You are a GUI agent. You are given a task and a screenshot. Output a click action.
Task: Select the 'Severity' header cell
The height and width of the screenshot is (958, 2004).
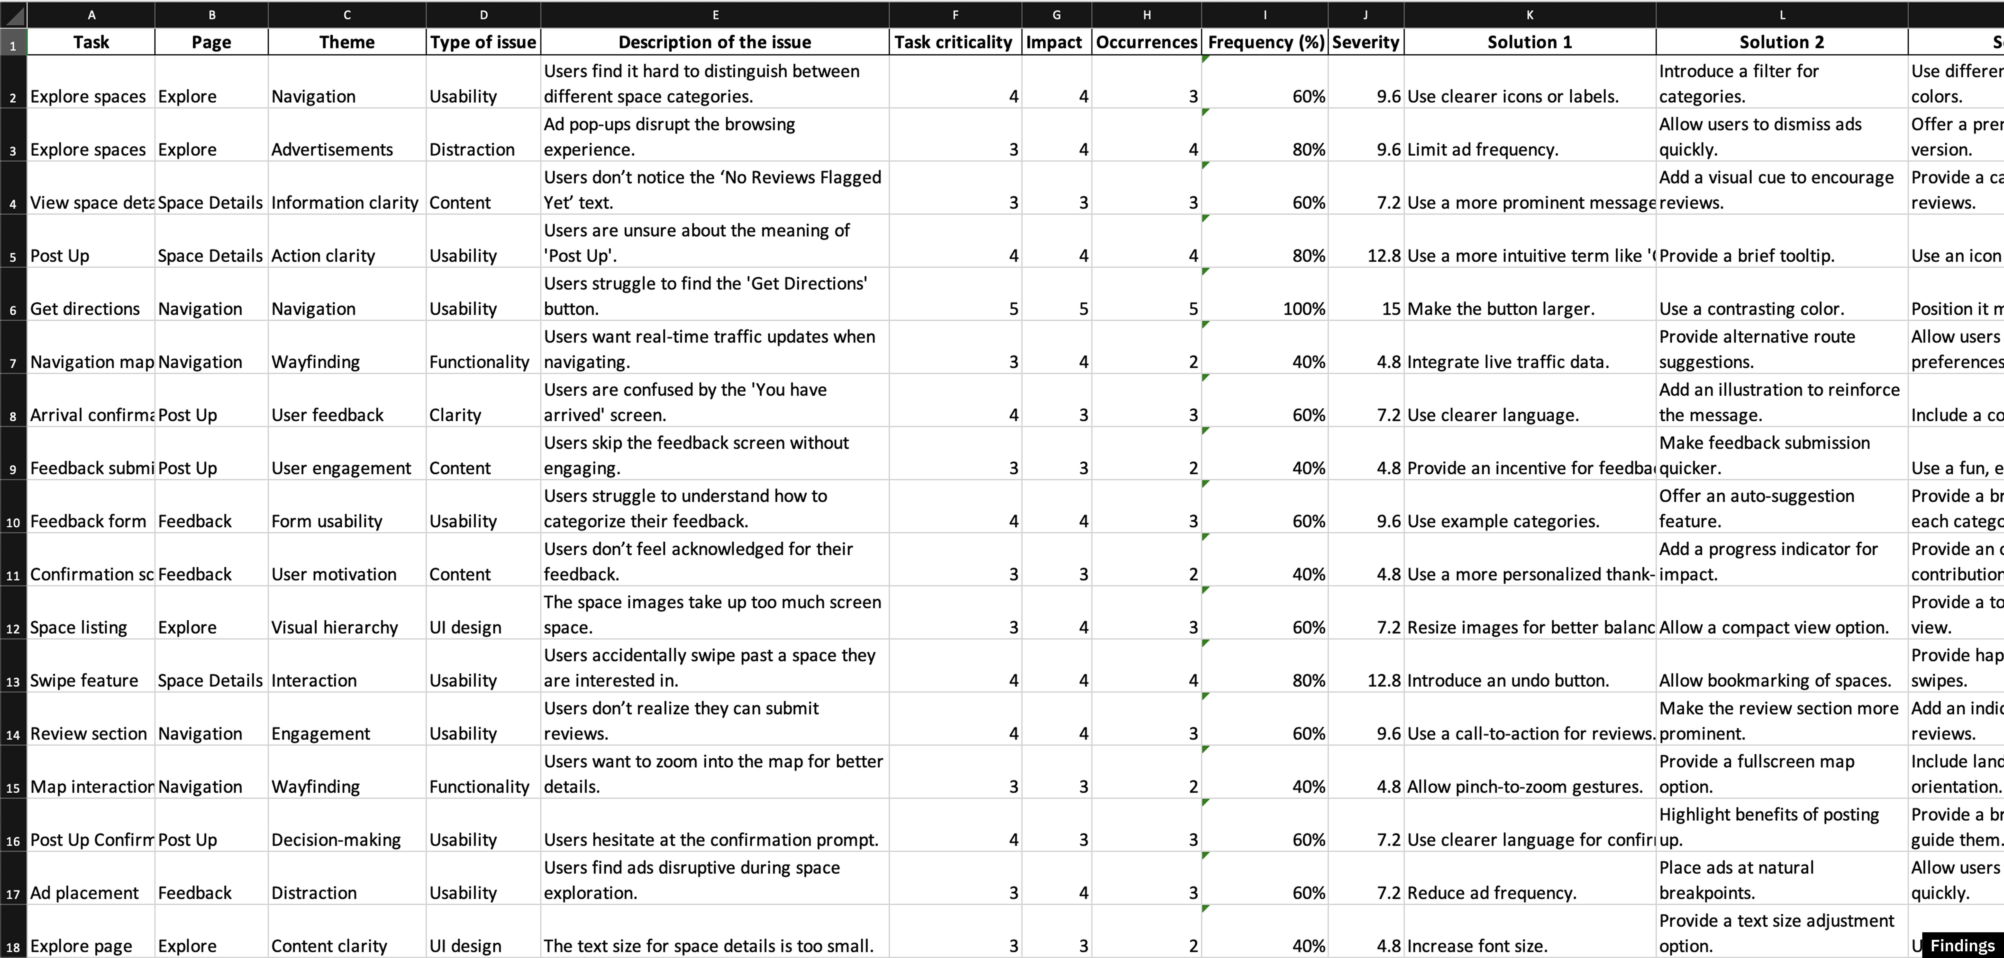coord(1365,42)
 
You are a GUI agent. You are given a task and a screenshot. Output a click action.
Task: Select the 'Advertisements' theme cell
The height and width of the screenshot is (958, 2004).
coord(332,149)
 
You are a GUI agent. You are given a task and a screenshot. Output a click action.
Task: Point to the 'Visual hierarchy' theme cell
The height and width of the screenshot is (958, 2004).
coord(334,627)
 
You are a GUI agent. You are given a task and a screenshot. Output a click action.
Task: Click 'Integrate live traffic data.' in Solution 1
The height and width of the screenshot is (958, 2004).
coord(1508,362)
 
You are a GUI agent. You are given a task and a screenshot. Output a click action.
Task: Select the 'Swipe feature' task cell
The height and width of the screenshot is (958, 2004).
coord(84,680)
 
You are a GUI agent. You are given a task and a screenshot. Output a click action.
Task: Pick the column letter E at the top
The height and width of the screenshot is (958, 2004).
coord(715,15)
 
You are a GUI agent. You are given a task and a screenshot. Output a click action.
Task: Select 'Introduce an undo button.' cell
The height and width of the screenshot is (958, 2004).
coord(1508,680)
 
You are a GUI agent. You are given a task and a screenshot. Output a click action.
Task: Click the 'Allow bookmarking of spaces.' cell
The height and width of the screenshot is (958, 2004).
coord(1774,680)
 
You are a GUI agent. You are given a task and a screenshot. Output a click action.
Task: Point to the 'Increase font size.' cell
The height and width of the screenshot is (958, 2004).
coord(1477,946)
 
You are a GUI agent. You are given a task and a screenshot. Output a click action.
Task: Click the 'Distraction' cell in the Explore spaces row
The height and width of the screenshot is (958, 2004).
coord(471,149)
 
